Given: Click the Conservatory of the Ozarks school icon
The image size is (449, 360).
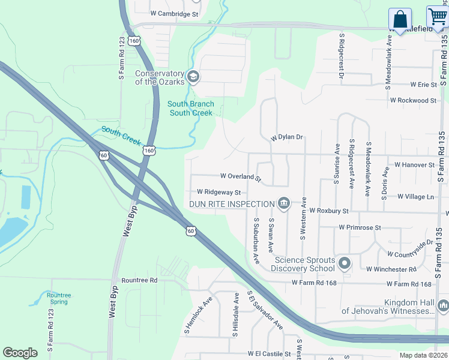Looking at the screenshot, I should [x=193, y=76].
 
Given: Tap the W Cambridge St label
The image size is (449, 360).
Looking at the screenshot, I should [x=174, y=13].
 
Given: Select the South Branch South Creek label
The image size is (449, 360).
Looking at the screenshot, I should [x=190, y=109].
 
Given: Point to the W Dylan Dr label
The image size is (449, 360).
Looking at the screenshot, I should [x=287, y=137].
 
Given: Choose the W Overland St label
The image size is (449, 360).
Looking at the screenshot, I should [x=241, y=177].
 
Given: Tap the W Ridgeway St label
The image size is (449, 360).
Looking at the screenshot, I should [x=218, y=193].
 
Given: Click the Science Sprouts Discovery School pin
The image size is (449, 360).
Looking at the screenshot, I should [x=345, y=263].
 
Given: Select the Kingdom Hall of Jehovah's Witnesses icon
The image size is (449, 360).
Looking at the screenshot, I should [x=442, y=306].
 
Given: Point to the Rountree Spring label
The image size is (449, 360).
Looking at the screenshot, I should [x=59, y=298].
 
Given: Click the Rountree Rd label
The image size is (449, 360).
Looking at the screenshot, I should [x=139, y=280].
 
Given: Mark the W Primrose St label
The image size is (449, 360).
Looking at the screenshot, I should [x=360, y=228].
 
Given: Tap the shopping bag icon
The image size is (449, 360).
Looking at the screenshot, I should [x=400, y=19].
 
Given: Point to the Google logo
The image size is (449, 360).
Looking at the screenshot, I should [x=20, y=353].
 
